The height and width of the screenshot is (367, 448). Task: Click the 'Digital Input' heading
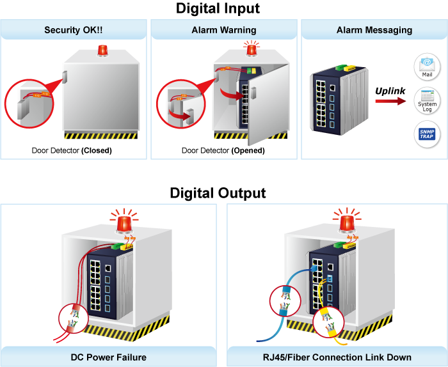tap(218, 8)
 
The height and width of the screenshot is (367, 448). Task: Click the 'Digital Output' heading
tap(218, 192)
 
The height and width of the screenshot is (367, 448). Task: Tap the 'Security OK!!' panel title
tap(74, 30)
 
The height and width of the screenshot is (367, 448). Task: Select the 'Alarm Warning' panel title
tap(224, 30)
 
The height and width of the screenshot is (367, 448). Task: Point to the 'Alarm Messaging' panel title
tap(374, 30)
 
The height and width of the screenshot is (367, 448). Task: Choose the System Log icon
tap(427, 101)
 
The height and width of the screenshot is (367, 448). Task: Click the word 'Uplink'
tap(390, 91)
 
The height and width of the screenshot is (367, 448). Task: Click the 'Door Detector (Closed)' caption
tap(72, 151)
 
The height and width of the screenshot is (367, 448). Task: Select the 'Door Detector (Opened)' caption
tap(223, 151)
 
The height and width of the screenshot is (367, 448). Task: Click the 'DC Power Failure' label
tap(109, 357)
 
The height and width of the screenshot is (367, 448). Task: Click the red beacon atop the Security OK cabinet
tap(102, 51)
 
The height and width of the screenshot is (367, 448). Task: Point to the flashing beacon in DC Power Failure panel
tap(123, 221)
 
